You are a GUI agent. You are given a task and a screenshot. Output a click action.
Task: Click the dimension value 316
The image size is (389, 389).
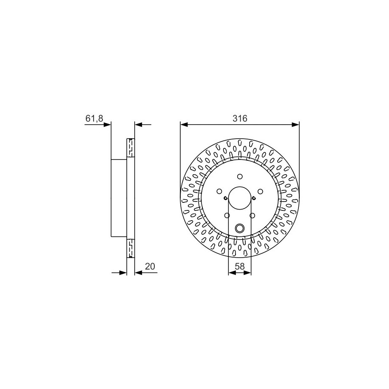tap(240, 118)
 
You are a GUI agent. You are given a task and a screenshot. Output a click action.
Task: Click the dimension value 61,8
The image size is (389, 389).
tap(94, 118)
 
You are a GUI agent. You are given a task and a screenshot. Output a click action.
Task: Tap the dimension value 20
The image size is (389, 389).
tap(150, 267)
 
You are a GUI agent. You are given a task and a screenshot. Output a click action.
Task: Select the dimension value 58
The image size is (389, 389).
tap(240, 267)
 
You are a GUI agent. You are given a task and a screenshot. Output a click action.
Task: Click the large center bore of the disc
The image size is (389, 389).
tap(240, 198)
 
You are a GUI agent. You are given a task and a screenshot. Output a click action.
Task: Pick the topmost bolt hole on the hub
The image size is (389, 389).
tap(240, 176)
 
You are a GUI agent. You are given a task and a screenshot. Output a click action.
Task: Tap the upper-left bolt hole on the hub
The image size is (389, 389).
tap(219, 191)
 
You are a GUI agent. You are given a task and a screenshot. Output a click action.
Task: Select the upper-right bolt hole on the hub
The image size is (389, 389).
tap(260, 191)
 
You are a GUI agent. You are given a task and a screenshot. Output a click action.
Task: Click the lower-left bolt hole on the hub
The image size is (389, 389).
tap(227, 216)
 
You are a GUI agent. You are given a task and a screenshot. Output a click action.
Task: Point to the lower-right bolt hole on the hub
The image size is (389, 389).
tap(252, 216)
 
